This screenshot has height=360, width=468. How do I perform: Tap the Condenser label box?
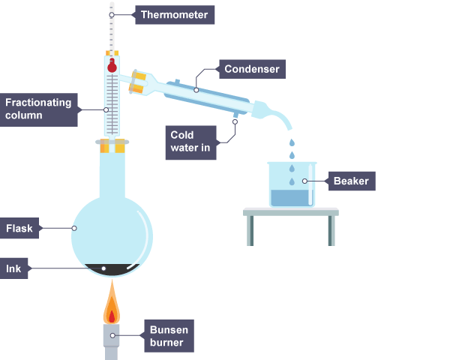point(252,70)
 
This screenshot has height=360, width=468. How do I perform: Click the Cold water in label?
point(191,142)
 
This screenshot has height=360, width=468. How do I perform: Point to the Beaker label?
point(351,181)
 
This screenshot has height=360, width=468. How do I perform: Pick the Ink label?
point(14,268)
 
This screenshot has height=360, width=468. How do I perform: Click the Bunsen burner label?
point(169,336)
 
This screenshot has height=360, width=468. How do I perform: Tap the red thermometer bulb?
point(112,66)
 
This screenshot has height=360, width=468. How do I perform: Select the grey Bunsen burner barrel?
point(112,341)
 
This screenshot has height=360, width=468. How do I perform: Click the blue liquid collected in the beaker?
point(291,198)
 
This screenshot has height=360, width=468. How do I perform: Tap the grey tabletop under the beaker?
point(291,212)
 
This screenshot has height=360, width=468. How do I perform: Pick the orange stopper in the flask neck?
point(112,148)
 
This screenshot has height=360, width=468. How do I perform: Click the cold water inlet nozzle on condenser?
point(235,115)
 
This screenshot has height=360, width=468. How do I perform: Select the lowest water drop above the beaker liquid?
point(292,182)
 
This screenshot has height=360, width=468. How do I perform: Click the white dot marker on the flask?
point(74,228)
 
